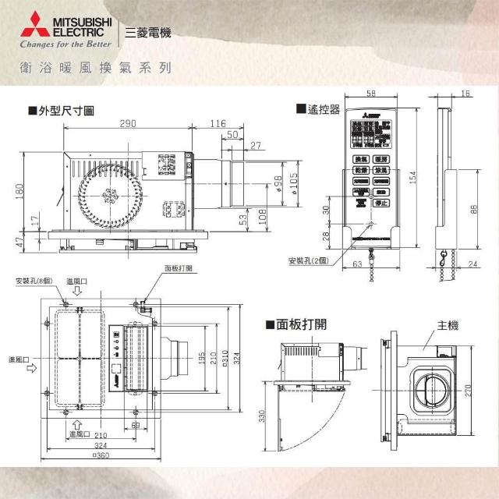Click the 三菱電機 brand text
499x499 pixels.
click(147, 34)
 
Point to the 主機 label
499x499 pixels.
click(425, 324)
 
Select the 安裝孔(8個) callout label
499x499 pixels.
click(32, 281)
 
